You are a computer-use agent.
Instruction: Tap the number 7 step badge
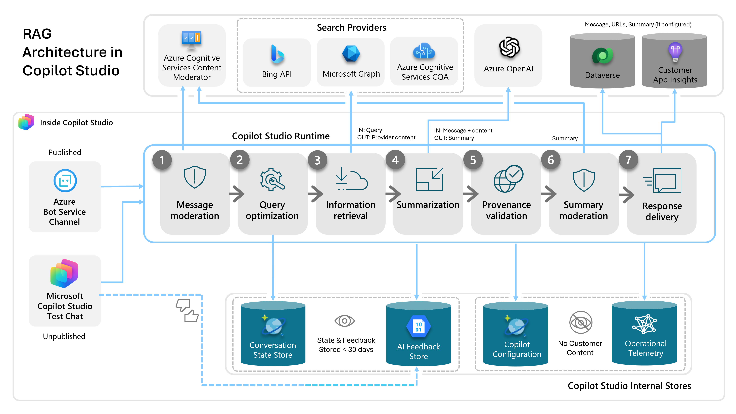point(628,160)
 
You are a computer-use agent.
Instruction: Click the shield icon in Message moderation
point(195,177)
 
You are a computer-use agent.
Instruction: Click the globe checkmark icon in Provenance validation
point(508,179)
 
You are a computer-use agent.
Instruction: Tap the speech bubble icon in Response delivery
point(662,181)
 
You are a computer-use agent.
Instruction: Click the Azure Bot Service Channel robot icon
point(65,181)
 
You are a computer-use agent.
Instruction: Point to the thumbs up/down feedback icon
point(187,311)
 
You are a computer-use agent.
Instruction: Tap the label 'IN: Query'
point(370,130)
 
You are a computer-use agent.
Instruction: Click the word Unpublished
point(64,336)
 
